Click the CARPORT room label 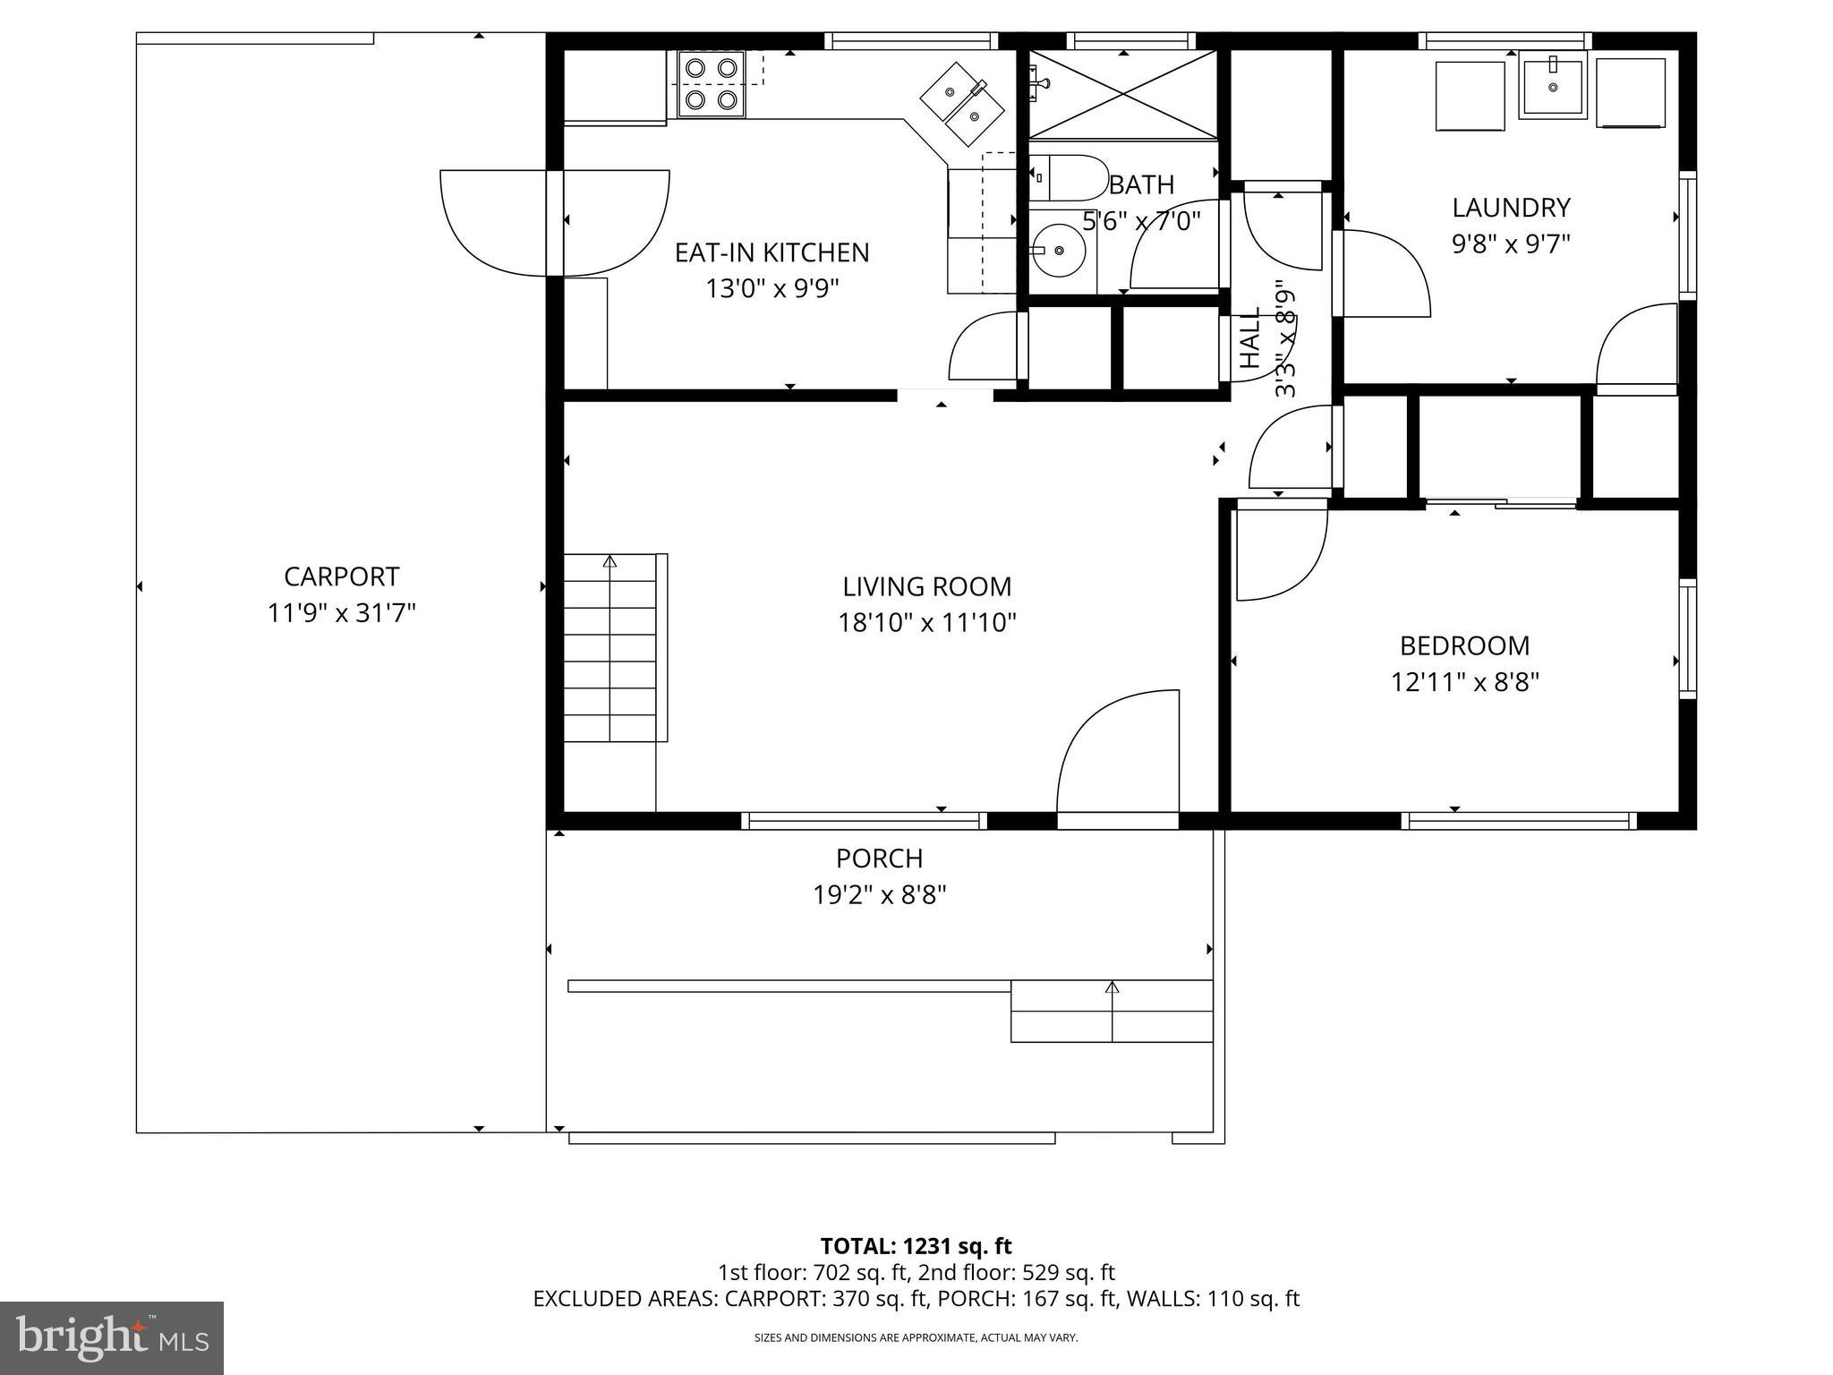click(x=341, y=576)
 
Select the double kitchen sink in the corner click(x=963, y=104)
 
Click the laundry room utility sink click(x=1553, y=85)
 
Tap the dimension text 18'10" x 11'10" click(x=926, y=622)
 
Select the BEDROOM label click(x=1464, y=645)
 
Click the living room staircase click(x=611, y=648)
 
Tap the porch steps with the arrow click(x=1112, y=1012)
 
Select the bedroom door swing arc click(x=1280, y=553)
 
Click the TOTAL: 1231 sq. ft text click(x=916, y=1246)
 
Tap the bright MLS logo click(x=112, y=1337)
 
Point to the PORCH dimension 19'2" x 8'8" click(x=879, y=895)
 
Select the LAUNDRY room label click(x=1510, y=208)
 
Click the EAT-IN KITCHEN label click(x=772, y=252)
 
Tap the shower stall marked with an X click(x=1123, y=95)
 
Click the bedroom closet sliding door click(x=1501, y=503)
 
